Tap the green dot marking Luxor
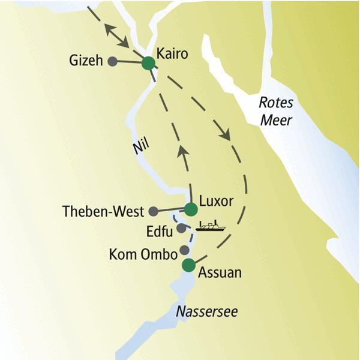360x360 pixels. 190,209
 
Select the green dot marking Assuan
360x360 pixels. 189,265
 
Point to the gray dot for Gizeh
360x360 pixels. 112,60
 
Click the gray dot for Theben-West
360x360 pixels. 154,211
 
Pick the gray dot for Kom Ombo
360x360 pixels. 185,250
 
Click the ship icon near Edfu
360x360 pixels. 211,227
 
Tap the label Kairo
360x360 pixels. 172,53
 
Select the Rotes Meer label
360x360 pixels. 275,111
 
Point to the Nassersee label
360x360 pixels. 206,311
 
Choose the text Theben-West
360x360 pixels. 103,211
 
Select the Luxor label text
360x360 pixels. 217,200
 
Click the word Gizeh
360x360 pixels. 86,60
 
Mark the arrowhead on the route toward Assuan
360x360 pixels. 227,135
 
